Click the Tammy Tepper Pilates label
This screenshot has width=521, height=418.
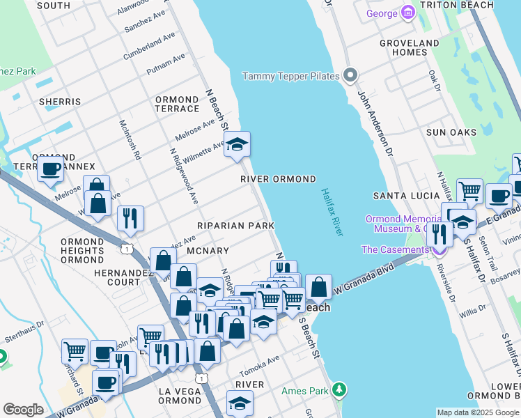click(290, 76)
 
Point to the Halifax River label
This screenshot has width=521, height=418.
click(332, 212)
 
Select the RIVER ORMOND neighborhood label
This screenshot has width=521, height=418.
click(278, 179)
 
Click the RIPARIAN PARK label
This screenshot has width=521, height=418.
click(235, 226)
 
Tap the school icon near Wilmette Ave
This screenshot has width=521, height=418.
click(238, 144)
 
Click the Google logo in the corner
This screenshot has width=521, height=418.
click(23, 410)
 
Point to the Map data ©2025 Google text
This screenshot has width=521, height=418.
click(478, 412)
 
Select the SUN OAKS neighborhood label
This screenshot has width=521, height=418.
click(451, 132)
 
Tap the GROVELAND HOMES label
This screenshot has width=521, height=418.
click(409, 47)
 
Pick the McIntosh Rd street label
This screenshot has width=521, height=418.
click(130, 139)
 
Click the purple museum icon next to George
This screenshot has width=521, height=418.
click(408, 13)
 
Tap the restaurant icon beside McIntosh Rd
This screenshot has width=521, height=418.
click(130, 218)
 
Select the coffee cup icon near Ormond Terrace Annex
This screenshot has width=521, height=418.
click(50, 169)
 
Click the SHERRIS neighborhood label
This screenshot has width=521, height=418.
click(60, 102)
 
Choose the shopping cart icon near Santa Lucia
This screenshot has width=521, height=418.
click(469, 189)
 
